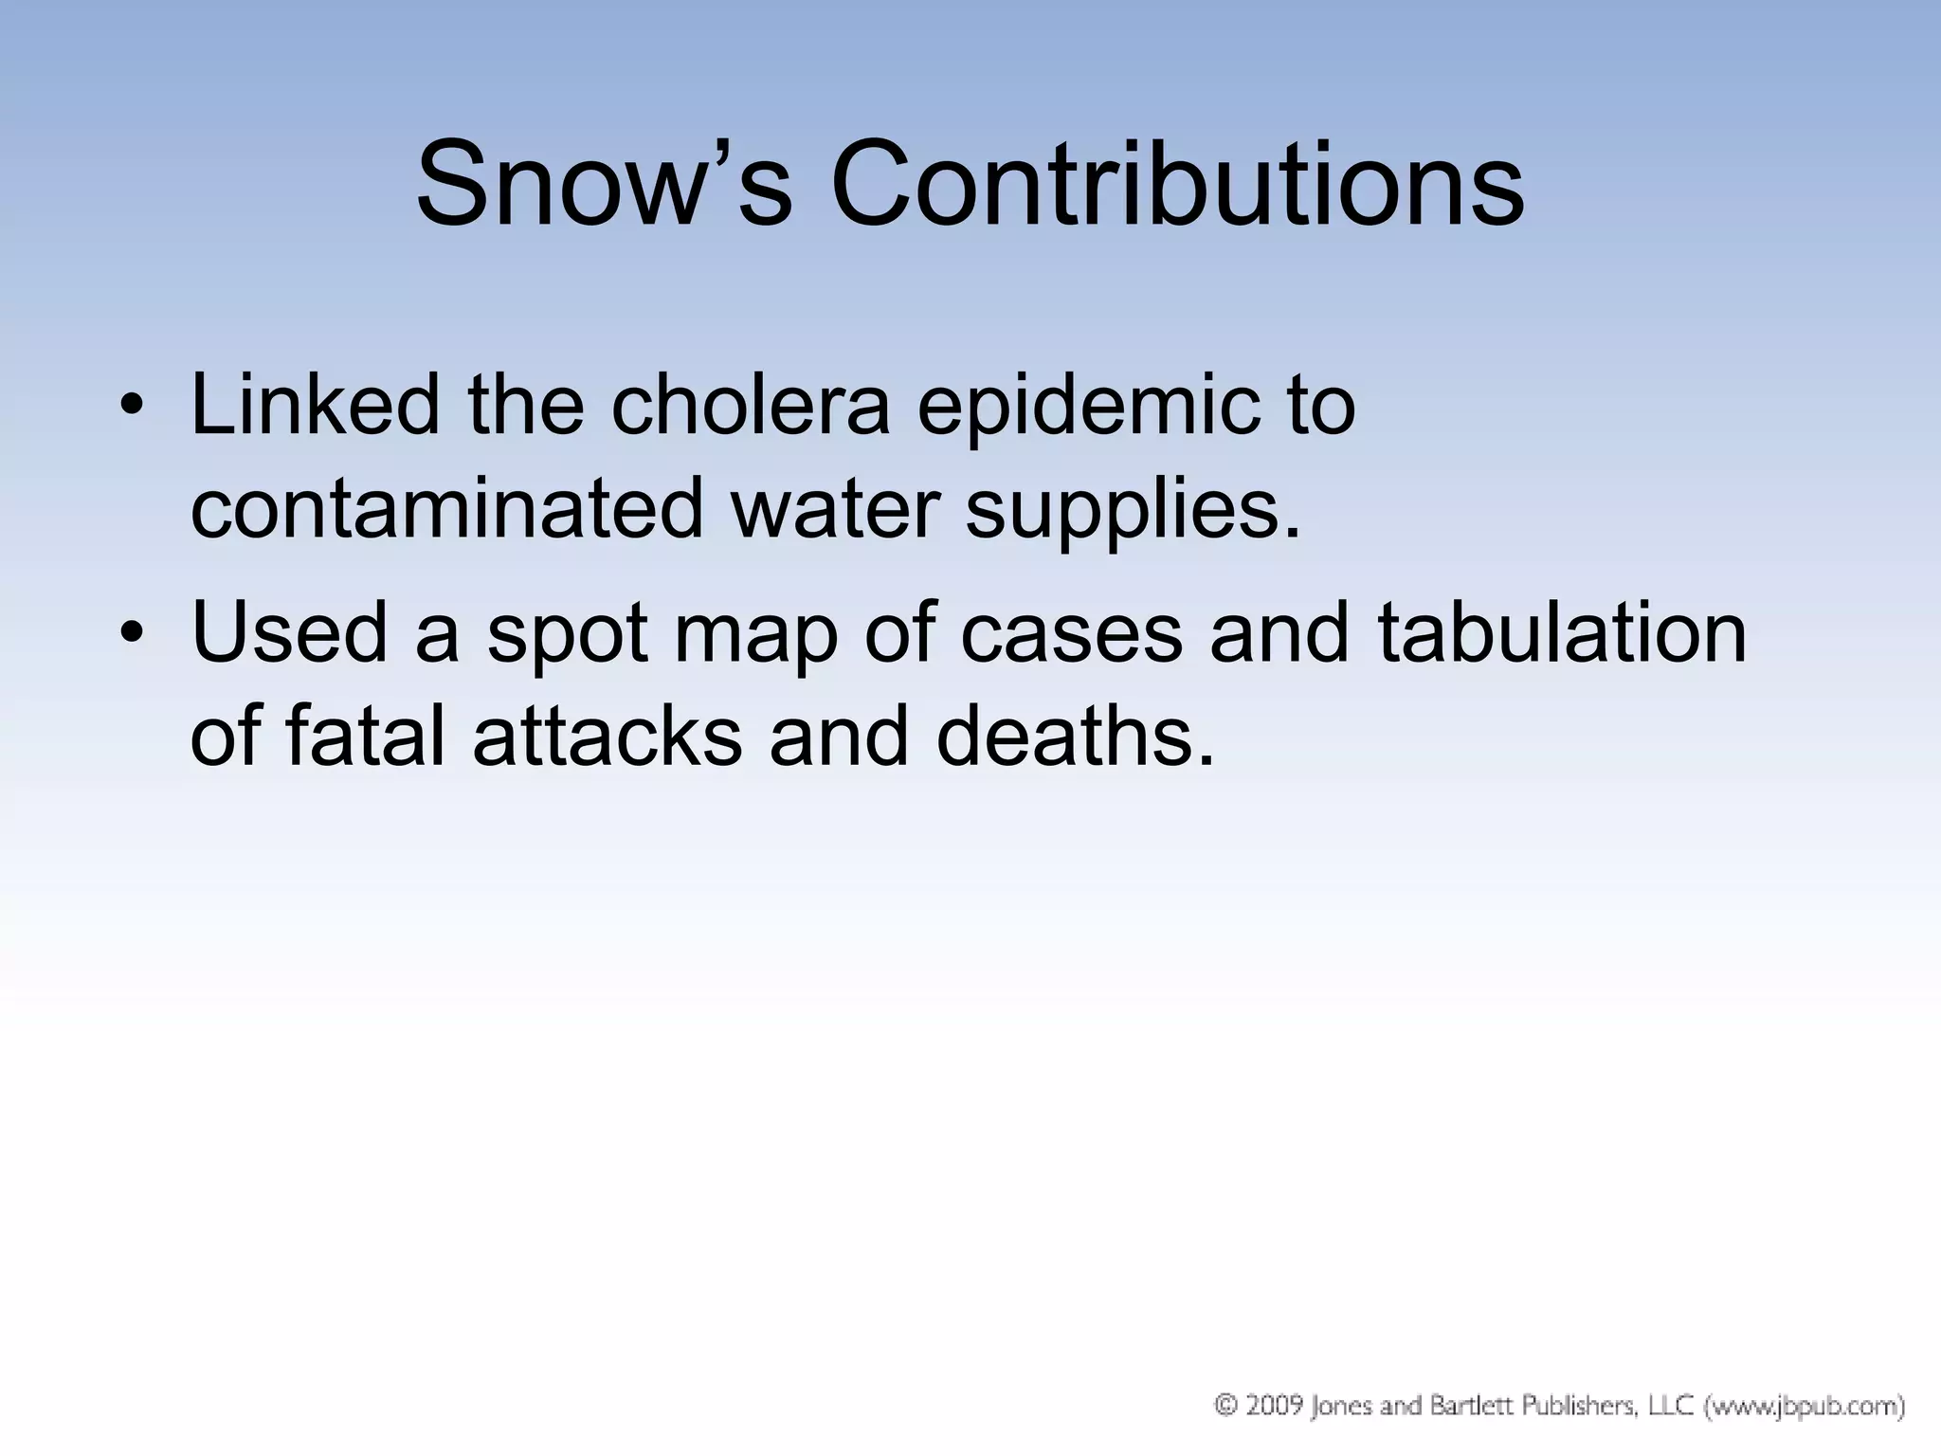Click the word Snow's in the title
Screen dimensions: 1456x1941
click(603, 184)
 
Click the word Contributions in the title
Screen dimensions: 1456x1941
click(1177, 184)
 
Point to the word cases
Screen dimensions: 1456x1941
click(1071, 633)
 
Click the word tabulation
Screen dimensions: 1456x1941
click(1562, 631)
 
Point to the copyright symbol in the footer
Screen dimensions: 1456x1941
click(1226, 1404)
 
